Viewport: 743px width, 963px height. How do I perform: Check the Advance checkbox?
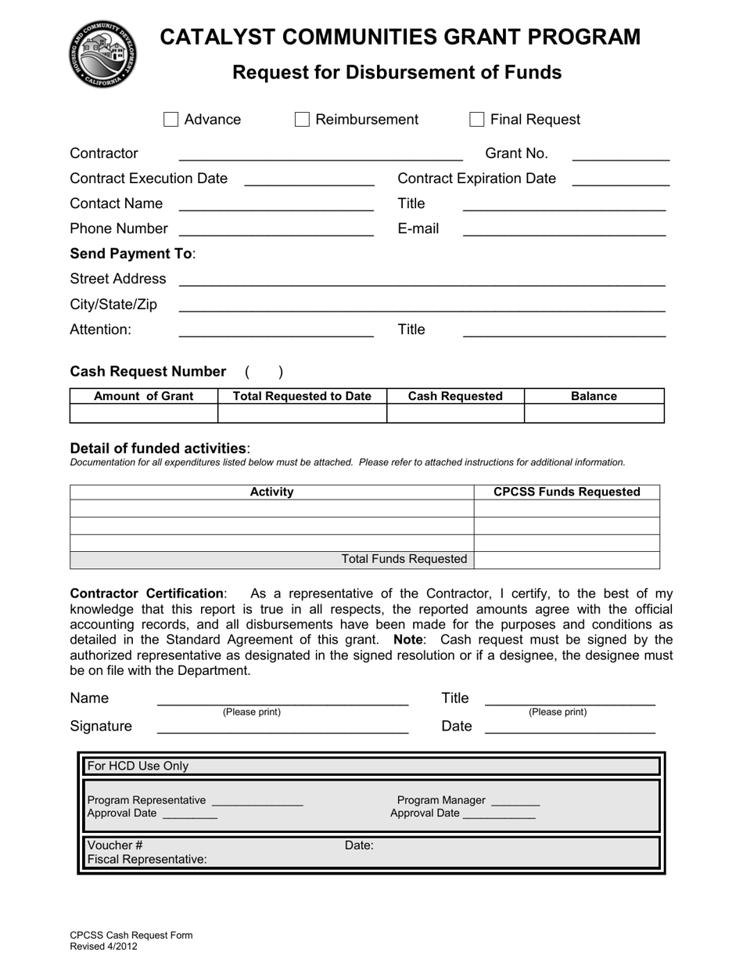pos(170,119)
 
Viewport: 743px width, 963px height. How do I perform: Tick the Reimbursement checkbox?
pos(302,119)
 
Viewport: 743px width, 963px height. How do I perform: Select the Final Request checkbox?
pos(476,119)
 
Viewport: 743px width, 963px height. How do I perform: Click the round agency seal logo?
pos(102,54)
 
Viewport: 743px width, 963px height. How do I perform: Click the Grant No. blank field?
pos(621,154)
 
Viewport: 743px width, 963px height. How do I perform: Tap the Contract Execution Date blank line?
pos(309,179)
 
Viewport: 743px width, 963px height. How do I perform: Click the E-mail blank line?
pos(564,229)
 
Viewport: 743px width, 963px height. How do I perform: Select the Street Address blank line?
pos(422,280)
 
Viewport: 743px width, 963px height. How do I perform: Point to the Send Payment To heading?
pos(132,254)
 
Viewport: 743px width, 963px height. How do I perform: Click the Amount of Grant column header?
pos(143,396)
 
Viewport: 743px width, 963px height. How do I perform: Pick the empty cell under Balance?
pos(594,413)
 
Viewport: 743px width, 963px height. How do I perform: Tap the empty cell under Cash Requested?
pos(455,413)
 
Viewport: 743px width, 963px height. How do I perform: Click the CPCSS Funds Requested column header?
pos(566,492)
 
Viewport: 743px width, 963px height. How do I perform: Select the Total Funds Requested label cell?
pos(404,559)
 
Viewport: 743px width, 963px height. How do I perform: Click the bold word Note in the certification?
pos(407,639)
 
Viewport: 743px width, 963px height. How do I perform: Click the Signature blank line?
pos(282,727)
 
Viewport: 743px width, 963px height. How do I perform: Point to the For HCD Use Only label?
pos(138,766)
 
